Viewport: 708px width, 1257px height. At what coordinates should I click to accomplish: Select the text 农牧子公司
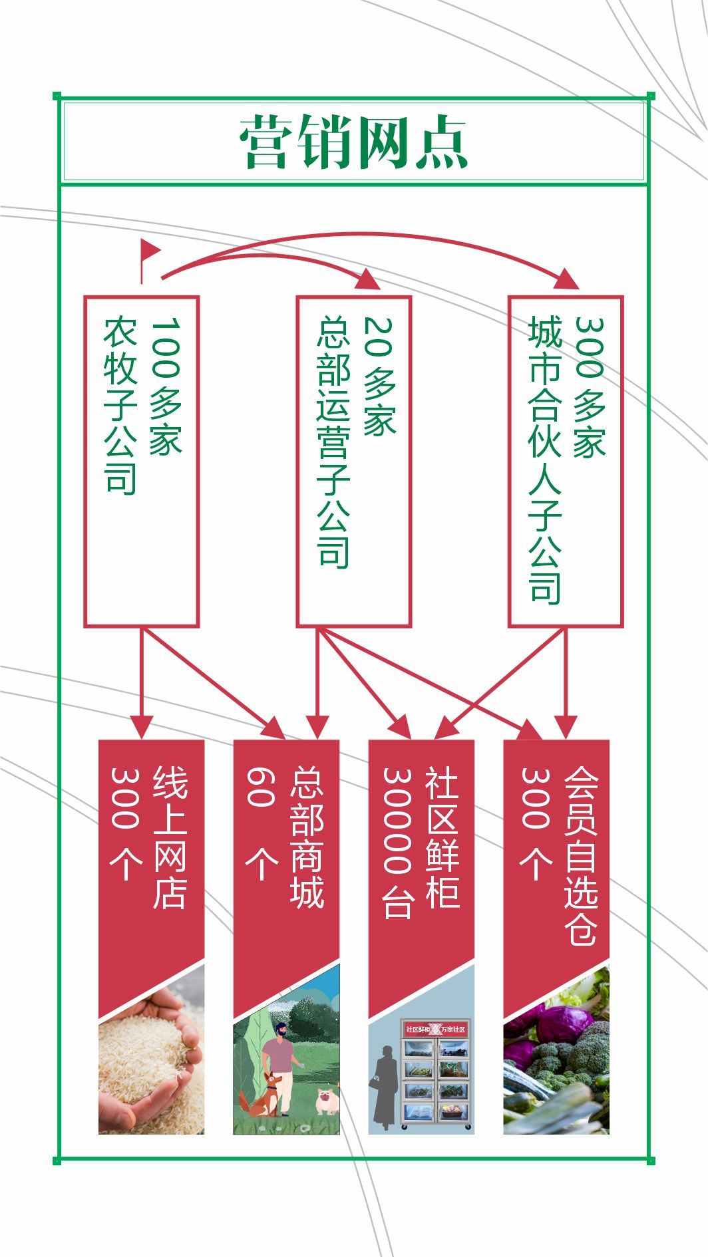coord(120,406)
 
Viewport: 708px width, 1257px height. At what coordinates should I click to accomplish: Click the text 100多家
coord(166,386)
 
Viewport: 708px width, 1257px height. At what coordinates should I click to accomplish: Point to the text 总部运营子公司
coord(333,442)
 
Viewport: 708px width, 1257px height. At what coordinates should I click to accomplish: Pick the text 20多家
coord(379,376)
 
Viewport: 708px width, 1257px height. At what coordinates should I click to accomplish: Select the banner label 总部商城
coord(307,838)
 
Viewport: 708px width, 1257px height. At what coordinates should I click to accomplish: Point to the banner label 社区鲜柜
coord(442,838)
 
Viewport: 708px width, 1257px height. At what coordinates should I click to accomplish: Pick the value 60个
coord(262,825)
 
